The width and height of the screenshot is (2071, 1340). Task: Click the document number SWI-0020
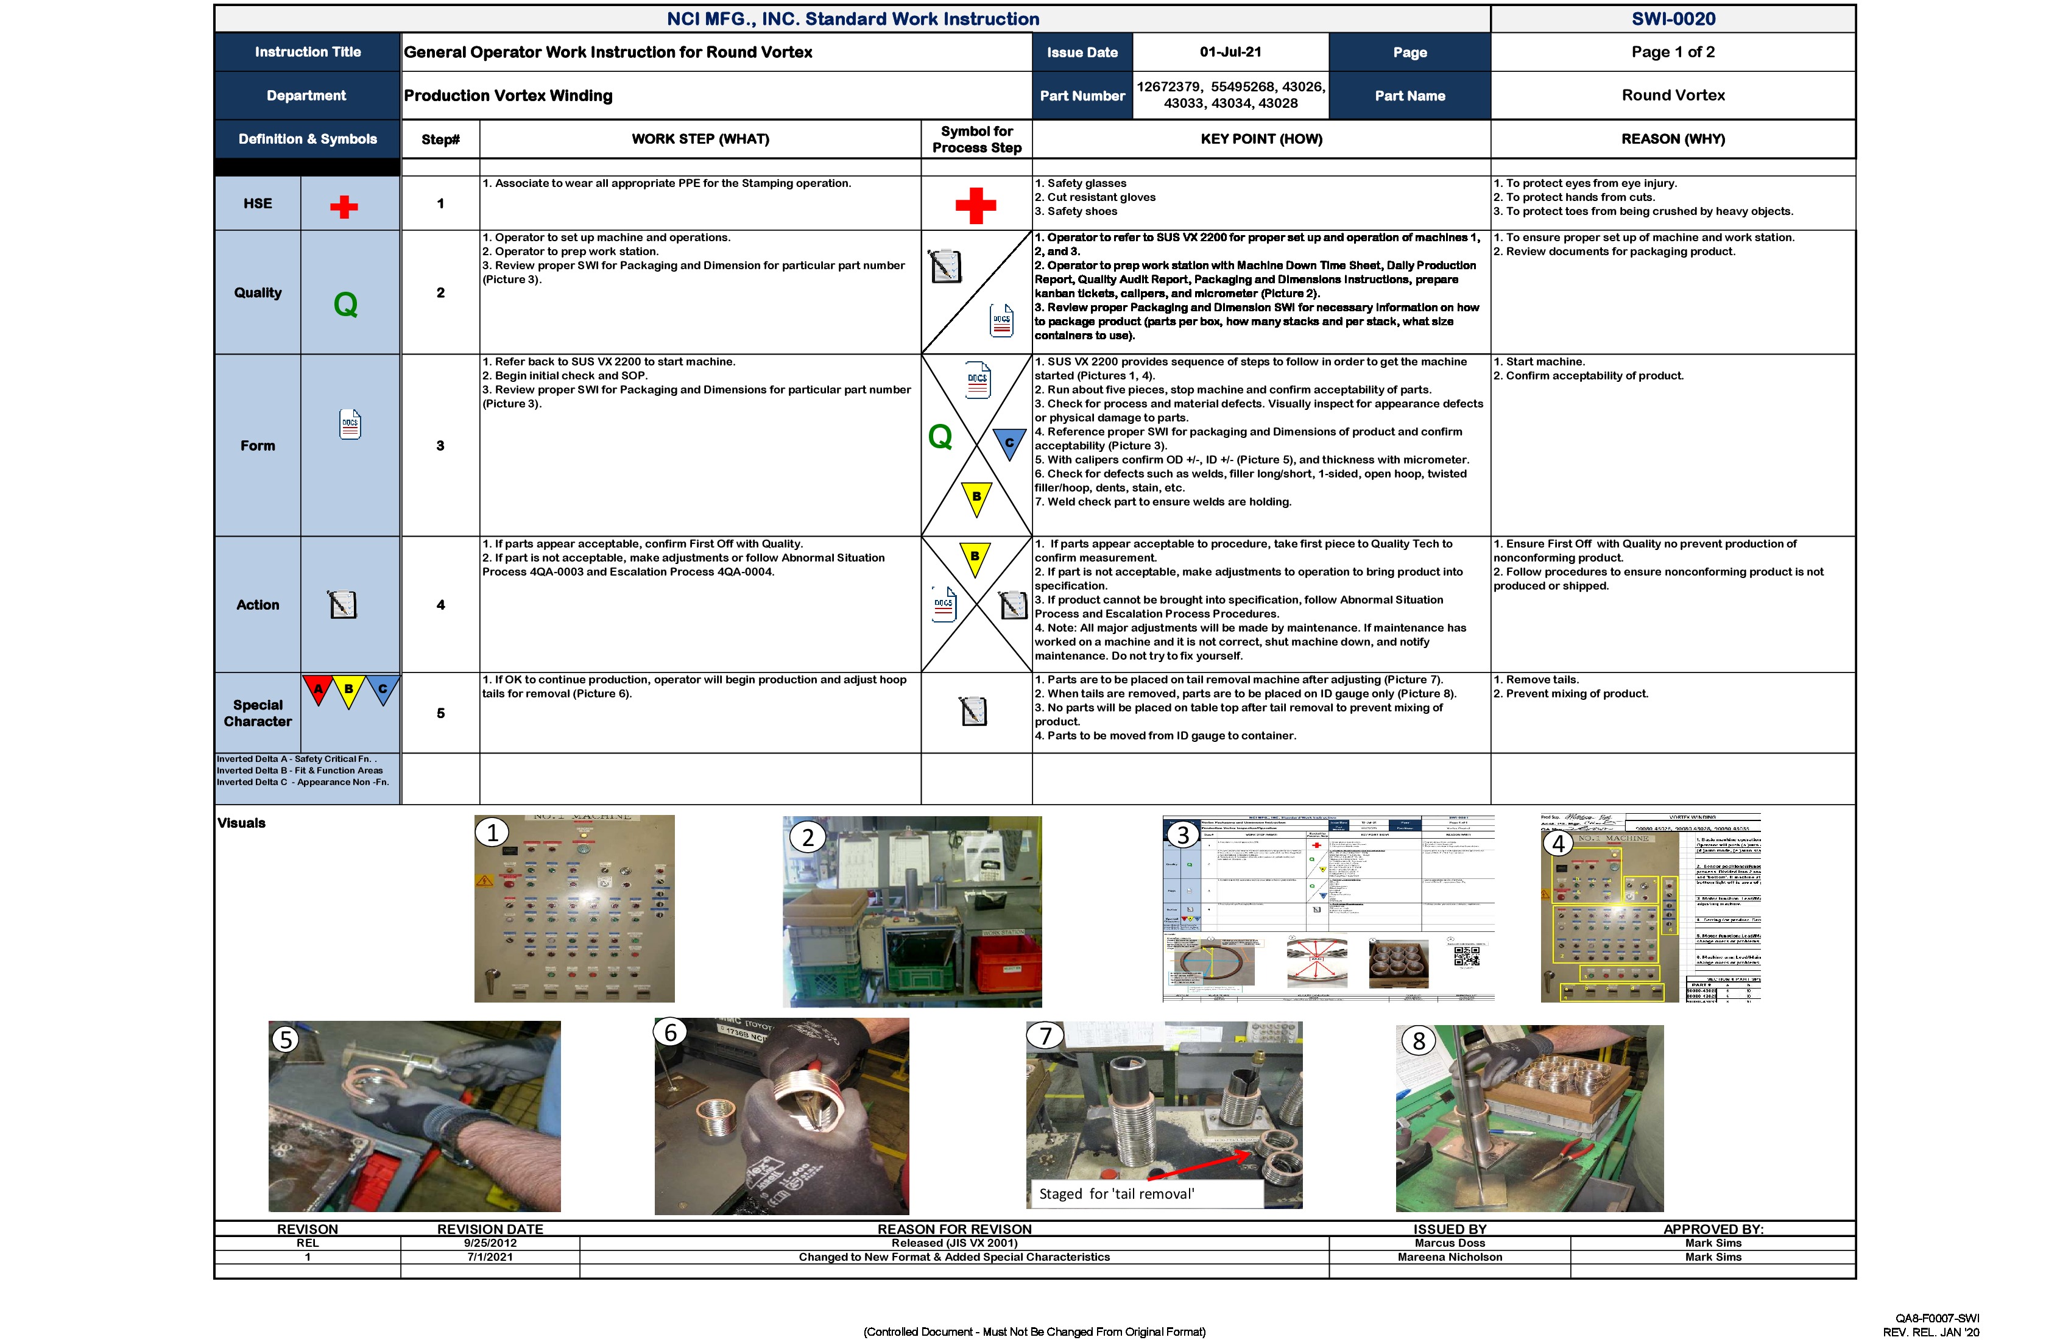coord(1673,19)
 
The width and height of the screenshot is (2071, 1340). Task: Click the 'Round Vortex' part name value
coord(1673,96)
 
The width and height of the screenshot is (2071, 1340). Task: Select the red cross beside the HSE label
coord(344,207)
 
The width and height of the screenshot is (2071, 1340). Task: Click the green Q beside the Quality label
coord(345,305)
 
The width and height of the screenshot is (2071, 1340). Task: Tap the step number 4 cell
coord(440,605)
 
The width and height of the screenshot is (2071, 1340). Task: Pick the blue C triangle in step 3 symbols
coord(1009,442)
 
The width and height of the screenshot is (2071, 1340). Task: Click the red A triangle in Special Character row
coord(319,689)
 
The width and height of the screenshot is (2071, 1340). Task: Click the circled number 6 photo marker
coord(671,1033)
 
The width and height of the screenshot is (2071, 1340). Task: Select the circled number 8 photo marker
coord(1419,1041)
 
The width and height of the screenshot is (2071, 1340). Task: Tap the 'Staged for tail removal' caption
coord(1117,1194)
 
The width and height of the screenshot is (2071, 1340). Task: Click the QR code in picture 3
coord(1466,956)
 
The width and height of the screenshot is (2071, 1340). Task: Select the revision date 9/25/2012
coord(490,1243)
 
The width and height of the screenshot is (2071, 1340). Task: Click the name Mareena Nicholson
coord(1449,1257)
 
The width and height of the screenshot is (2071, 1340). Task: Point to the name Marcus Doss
coord(1449,1243)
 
